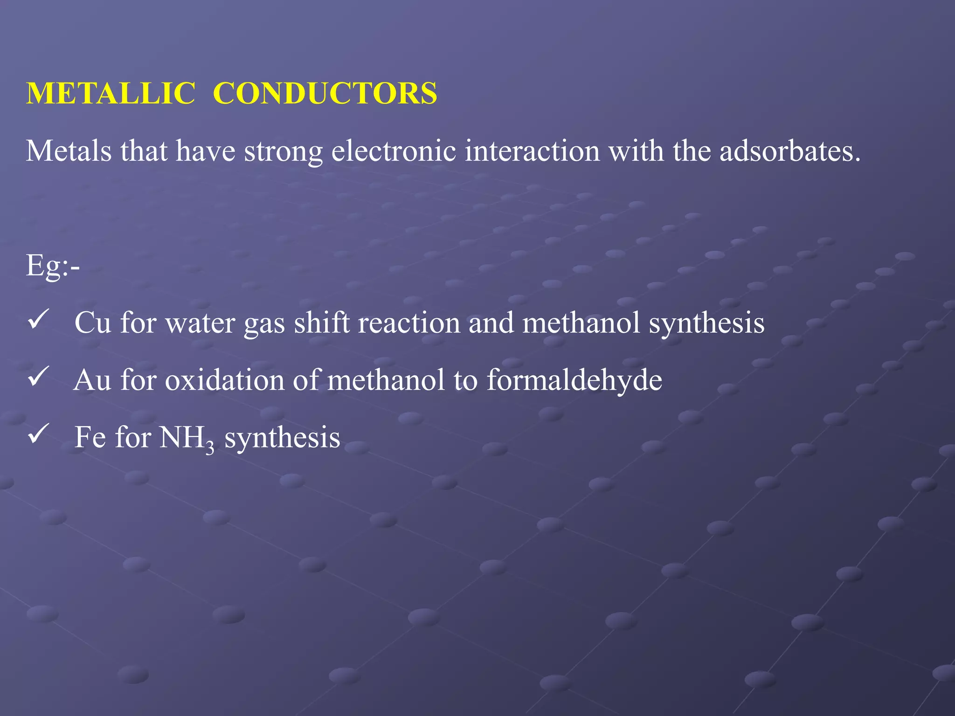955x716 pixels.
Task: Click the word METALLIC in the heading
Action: (x=111, y=94)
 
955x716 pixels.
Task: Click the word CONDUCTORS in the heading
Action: (x=325, y=94)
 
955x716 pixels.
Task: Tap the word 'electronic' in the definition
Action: (x=394, y=151)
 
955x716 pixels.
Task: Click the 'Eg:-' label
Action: (x=53, y=266)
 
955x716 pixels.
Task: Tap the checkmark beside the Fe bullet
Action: (x=38, y=435)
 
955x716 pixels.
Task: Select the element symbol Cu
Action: (x=93, y=323)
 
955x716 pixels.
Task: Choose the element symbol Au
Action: (x=93, y=380)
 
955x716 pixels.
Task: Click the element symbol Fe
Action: (x=90, y=437)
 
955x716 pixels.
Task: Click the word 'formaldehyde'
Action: (x=574, y=380)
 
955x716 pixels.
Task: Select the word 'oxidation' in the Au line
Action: (x=224, y=380)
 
